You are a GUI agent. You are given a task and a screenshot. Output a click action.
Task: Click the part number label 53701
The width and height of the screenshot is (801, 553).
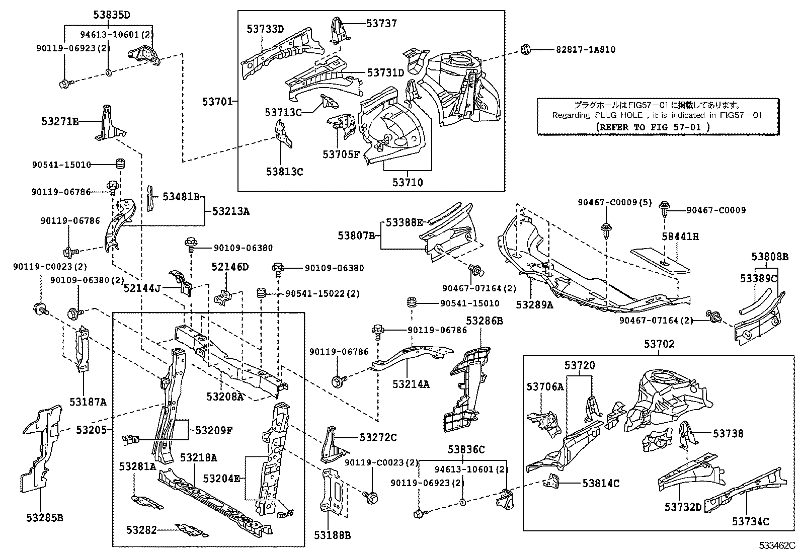click(x=217, y=102)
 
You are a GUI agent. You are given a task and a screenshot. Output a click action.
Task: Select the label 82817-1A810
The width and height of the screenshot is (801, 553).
click(x=585, y=49)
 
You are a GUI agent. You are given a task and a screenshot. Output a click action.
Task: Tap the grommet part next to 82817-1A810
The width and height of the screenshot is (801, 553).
click(x=525, y=49)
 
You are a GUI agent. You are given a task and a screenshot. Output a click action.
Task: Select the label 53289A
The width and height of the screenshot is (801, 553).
click(x=534, y=304)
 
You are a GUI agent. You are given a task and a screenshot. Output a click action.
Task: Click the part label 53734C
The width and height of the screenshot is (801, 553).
click(x=750, y=522)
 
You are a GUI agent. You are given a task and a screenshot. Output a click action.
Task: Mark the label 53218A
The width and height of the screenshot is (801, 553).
click(x=198, y=457)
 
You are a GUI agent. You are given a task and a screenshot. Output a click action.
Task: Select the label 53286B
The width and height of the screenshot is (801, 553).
click(x=484, y=321)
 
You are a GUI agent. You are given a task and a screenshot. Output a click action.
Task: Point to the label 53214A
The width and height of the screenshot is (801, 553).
click(x=411, y=384)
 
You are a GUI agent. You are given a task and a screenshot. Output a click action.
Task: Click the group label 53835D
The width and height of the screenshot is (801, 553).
click(x=111, y=15)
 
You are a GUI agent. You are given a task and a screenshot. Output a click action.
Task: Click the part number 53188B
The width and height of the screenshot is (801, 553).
click(x=333, y=535)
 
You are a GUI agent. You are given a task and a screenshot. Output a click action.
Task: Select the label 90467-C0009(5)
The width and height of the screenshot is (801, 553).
click(x=614, y=203)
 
